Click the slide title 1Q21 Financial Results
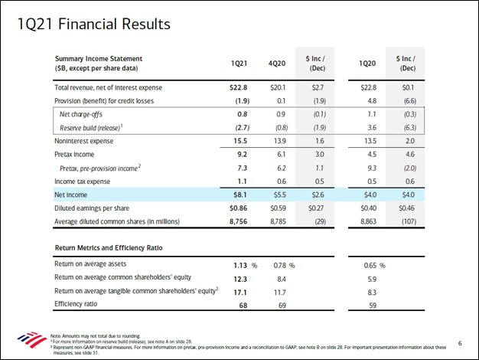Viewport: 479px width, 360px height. (x=94, y=25)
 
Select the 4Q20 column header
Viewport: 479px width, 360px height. (x=280, y=64)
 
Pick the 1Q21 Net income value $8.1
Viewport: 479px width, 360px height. (x=240, y=195)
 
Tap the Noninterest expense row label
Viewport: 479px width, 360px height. (x=84, y=141)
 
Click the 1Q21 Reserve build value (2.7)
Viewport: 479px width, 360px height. (x=240, y=128)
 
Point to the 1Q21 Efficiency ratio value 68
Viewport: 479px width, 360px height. (x=239, y=305)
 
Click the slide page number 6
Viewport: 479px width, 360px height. (x=459, y=342)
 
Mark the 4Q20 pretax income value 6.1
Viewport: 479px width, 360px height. (x=281, y=155)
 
